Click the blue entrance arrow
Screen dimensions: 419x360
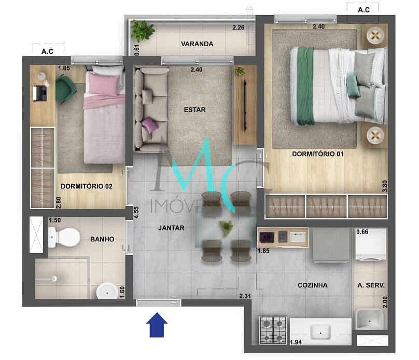(x=157, y=325)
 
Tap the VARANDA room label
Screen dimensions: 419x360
(x=197, y=44)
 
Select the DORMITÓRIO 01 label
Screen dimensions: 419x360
(x=317, y=154)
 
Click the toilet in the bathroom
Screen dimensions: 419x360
(x=64, y=237)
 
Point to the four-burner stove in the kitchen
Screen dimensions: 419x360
(x=273, y=330)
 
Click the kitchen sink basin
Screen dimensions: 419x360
(x=320, y=331)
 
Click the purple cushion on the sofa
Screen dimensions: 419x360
(x=149, y=125)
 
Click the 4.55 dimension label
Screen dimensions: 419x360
(x=136, y=213)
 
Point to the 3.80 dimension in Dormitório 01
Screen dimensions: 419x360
(x=385, y=186)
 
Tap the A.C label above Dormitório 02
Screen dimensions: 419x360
(x=47, y=51)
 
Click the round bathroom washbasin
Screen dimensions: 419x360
(x=107, y=291)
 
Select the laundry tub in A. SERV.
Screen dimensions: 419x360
(x=370, y=319)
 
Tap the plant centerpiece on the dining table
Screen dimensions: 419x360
(x=226, y=228)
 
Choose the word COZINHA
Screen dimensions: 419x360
(x=313, y=285)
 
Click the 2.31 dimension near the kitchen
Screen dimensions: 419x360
(x=245, y=296)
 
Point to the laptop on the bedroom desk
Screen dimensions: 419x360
(x=40, y=93)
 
